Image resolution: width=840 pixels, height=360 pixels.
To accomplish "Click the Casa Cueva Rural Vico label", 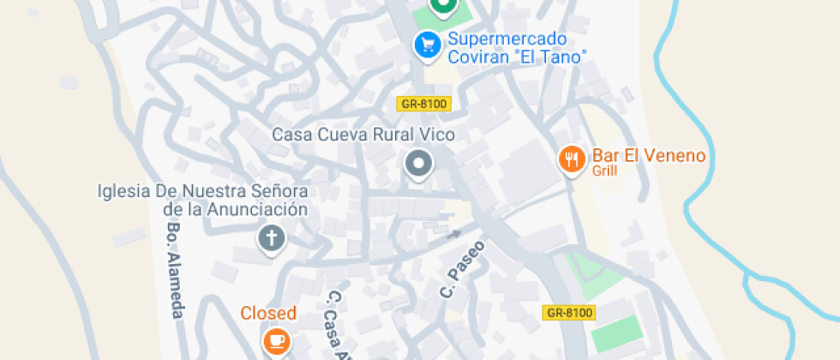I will (363, 135).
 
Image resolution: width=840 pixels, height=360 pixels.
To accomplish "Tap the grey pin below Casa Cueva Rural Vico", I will (418, 163).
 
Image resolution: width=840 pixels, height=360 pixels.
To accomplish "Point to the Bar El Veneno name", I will (648, 156).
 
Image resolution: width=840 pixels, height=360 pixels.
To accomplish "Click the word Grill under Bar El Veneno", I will (604, 171).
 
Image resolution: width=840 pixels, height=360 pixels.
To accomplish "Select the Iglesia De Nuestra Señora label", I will (202, 199).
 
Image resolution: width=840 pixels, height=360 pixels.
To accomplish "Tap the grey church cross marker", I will (271, 238).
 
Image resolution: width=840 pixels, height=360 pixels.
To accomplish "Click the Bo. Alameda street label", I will (175, 271).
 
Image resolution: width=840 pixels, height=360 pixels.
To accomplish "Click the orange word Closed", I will (268, 313).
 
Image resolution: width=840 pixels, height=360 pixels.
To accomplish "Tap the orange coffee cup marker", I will (276, 340).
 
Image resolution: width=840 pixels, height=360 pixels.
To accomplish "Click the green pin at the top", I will (442, 7).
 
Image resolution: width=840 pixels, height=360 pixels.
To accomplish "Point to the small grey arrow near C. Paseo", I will (454, 232).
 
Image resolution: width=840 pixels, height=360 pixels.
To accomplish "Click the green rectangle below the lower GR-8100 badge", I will (615, 333).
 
